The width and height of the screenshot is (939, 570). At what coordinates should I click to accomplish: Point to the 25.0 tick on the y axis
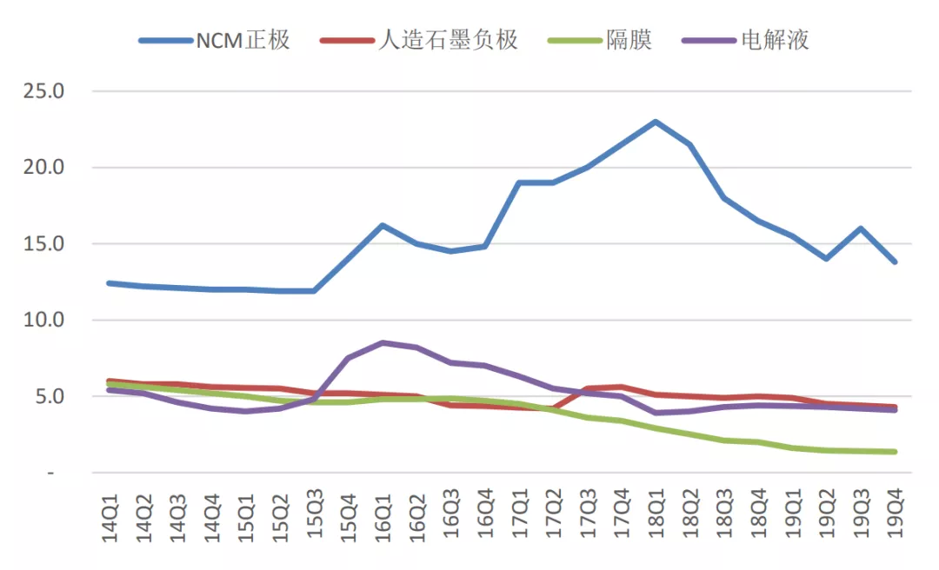coord(43,91)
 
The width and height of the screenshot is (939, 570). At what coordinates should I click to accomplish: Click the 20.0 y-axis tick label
coord(43,168)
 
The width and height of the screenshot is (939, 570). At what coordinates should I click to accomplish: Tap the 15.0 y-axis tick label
coord(43,244)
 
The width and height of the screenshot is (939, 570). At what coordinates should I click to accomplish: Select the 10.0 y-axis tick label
coord(43,321)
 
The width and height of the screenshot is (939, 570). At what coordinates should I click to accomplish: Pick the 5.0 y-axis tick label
coord(47,397)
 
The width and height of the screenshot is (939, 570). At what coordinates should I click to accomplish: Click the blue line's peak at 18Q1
coord(656,122)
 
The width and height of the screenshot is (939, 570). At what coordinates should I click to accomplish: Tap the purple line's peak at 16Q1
coord(383,342)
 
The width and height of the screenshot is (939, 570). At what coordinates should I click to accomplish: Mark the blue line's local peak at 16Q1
coord(383,225)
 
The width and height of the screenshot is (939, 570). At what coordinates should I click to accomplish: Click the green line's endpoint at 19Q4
coord(895,452)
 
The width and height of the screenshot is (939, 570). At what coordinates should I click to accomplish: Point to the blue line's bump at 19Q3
coord(860,229)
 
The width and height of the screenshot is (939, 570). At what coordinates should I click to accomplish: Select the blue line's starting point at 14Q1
coord(110,283)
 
